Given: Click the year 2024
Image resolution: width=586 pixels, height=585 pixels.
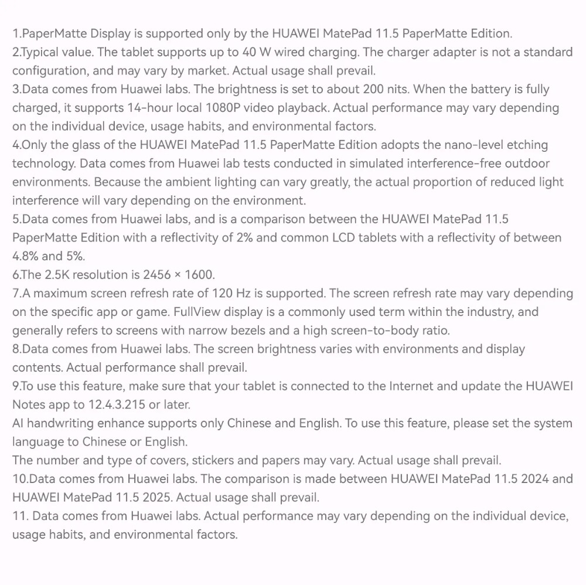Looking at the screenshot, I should tap(531, 479).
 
